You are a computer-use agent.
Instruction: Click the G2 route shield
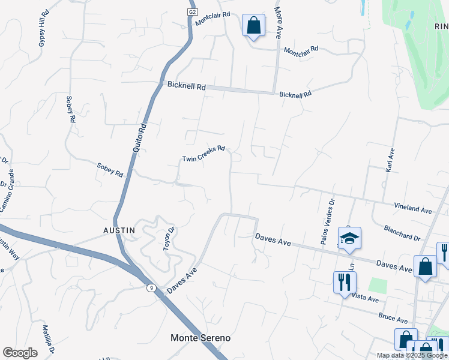192,11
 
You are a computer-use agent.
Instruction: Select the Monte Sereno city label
200,338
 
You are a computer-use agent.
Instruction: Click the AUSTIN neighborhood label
118,230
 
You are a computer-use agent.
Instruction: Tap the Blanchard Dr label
402,233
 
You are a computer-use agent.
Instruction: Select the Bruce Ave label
393,317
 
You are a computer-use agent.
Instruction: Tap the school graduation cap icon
349,239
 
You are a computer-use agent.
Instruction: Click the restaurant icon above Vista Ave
345,281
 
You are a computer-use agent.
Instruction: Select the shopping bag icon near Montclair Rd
253,26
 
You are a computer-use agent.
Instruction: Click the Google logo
20,353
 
